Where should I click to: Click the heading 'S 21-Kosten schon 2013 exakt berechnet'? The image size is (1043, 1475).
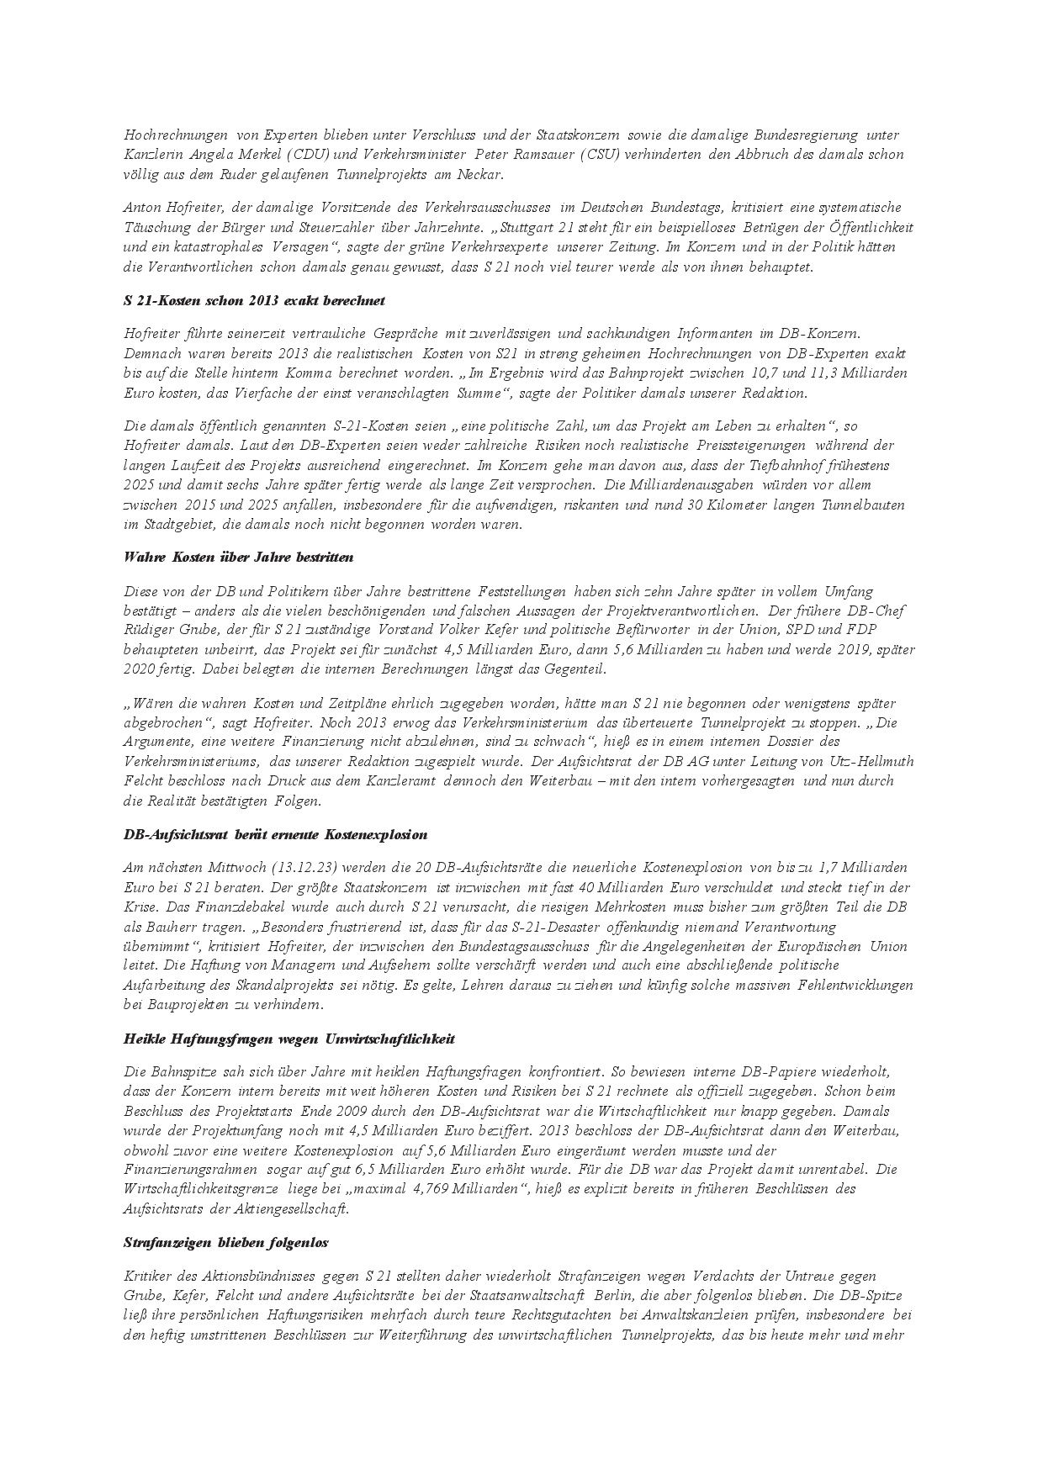[x=254, y=300]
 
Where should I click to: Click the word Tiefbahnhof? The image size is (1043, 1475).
[x=811, y=465]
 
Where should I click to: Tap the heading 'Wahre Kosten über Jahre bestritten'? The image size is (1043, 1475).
[x=238, y=557]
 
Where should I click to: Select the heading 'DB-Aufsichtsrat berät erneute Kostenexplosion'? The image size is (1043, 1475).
[x=275, y=835]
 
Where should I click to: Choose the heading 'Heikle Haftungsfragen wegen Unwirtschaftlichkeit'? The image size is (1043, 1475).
[x=289, y=1039]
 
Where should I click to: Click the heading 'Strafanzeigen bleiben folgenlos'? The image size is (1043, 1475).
[x=225, y=1242]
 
